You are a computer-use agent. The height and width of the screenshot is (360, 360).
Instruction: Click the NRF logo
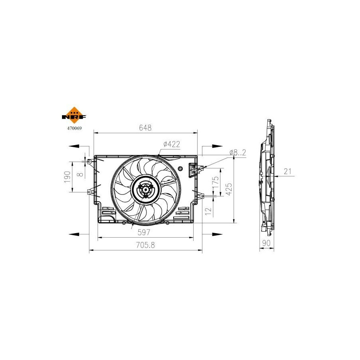point(74,116)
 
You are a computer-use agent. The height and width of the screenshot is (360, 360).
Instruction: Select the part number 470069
point(74,128)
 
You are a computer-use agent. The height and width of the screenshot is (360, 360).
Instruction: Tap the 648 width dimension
point(145,128)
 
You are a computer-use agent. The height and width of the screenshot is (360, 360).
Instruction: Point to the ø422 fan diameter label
point(172,144)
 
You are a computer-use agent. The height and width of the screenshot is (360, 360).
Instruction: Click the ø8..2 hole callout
point(238,152)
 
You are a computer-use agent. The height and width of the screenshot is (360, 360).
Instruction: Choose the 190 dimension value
point(67,177)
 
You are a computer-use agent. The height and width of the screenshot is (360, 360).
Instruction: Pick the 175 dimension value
point(216,182)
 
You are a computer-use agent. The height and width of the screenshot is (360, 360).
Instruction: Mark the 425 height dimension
point(229,189)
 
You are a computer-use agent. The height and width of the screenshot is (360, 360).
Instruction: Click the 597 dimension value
point(144,232)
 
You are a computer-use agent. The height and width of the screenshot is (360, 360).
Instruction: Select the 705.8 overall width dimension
point(145,245)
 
